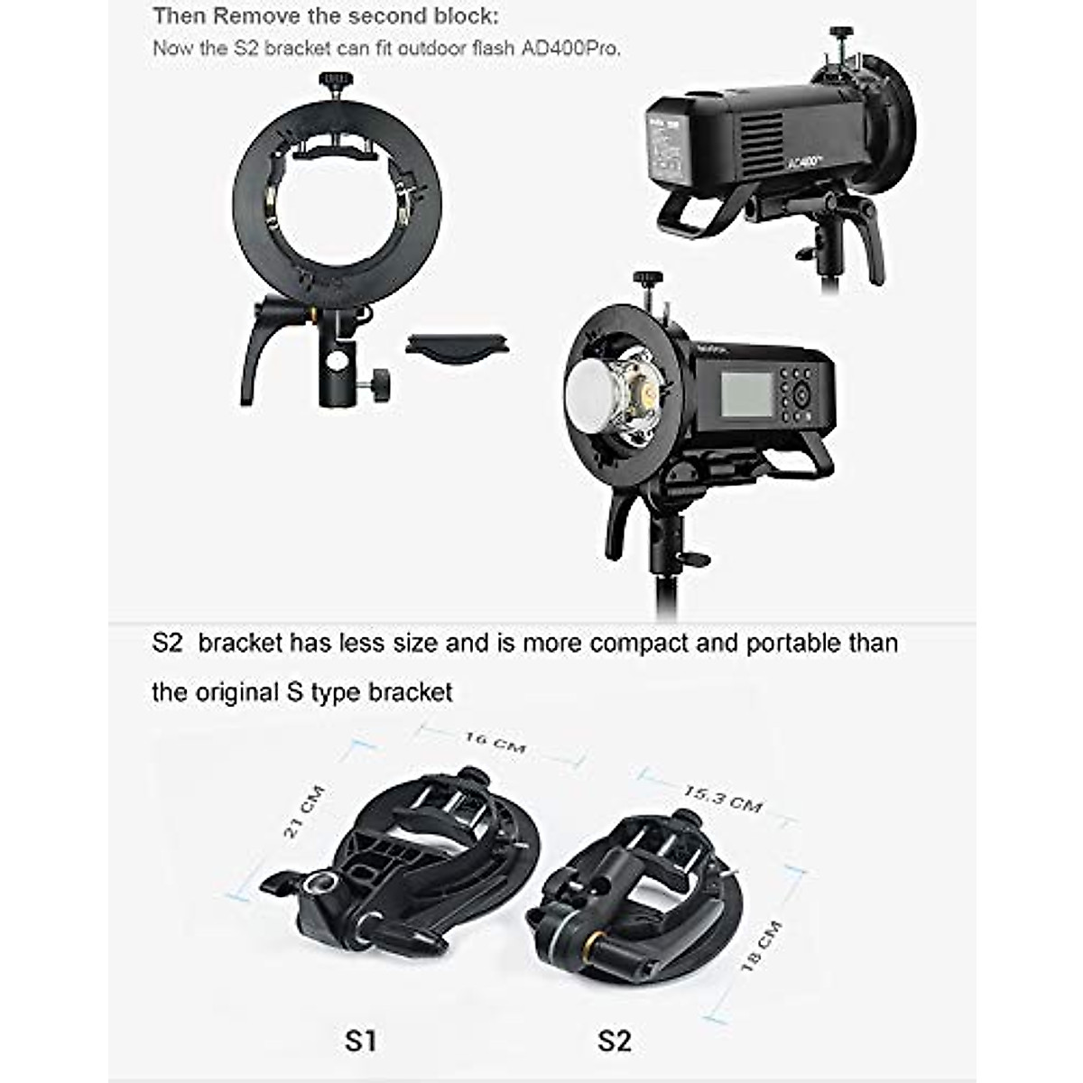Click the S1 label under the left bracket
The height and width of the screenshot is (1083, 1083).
[360, 1041]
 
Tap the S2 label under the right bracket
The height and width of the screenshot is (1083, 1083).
[614, 1041]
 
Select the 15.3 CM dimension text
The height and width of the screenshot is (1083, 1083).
[722, 798]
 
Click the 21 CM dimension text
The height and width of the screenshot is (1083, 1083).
[304, 812]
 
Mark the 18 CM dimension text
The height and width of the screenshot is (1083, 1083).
[761, 946]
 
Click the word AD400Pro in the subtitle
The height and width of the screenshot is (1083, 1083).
[570, 48]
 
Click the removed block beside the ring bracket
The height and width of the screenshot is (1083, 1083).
[457, 345]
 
